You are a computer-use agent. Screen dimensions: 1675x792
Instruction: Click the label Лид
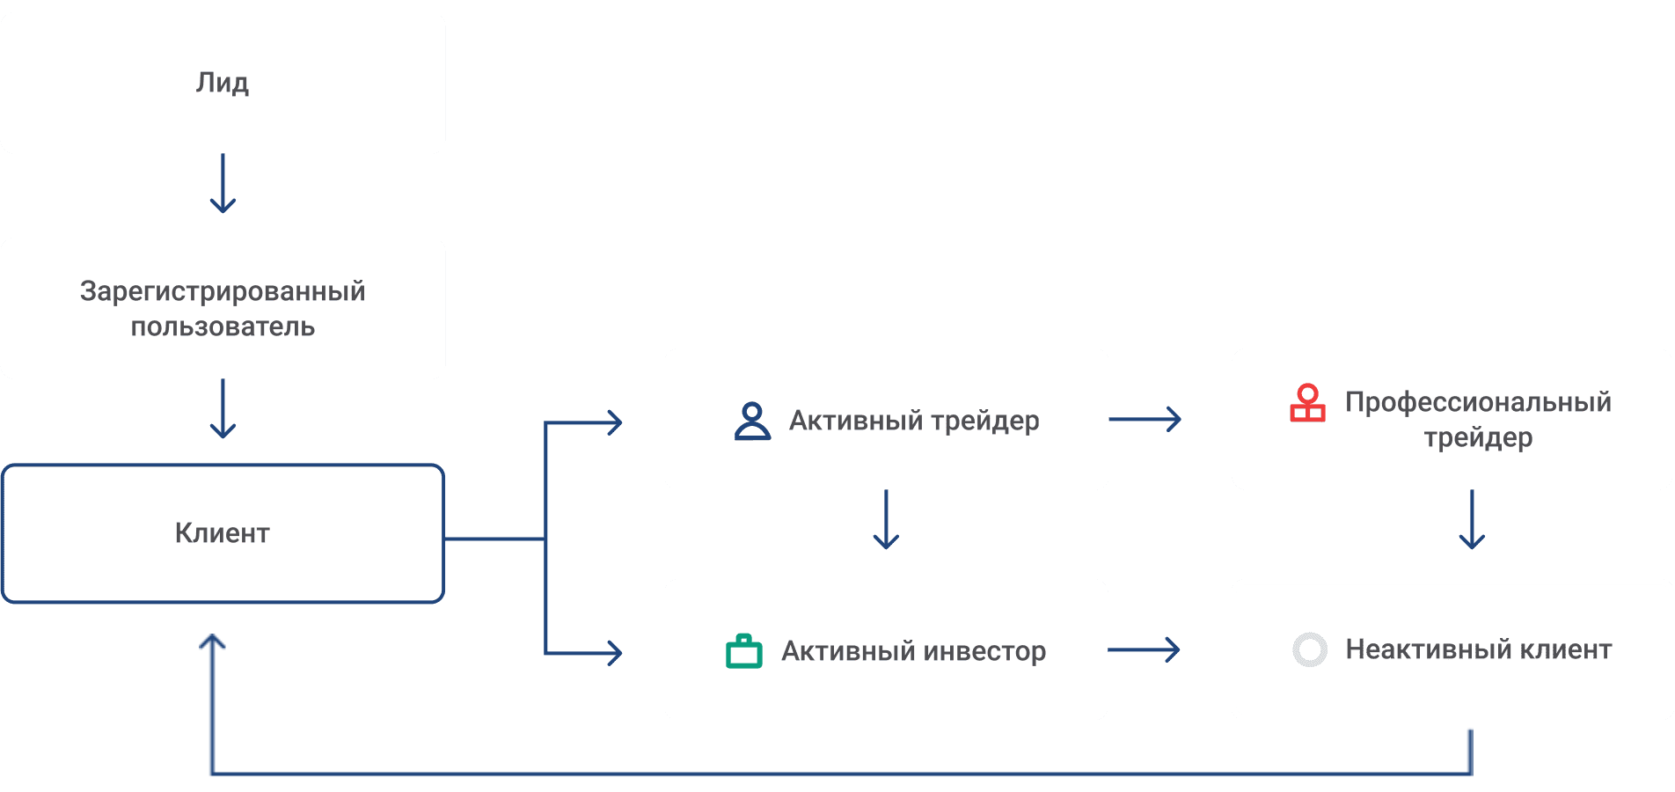[223, 83]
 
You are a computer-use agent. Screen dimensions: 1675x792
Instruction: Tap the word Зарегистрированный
[223, 290]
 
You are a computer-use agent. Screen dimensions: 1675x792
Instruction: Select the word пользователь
[223, 326]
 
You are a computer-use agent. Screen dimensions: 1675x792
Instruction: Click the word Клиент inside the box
[223, 532]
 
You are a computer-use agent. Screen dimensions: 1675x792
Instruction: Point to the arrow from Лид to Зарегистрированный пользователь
[223, 183]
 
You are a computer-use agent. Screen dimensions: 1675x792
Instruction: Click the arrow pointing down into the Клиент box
[223, 408]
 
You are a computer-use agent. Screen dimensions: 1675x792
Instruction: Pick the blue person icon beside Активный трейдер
[752, 421]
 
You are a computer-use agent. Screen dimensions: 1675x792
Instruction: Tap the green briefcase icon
[744, 651]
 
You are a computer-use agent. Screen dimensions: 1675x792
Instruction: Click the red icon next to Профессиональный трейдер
[1307, 403]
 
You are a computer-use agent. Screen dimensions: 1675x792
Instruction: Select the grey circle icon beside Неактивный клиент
[1310, 649]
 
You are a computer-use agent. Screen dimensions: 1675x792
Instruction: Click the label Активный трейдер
[914, 421]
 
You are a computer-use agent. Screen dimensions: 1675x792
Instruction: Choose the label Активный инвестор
[914, 651]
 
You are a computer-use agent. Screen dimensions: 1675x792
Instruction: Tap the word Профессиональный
[1478, 402]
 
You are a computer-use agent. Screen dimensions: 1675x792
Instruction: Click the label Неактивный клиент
[1479, 649]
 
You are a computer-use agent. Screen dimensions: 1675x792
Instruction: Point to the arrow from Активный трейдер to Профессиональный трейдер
[1145, 419]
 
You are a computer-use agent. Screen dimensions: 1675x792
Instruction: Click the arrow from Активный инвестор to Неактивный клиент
[1144, 650]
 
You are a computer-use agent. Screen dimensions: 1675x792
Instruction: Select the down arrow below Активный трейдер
[886, 519]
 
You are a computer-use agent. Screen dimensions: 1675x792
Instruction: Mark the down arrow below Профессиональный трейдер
[1472, 519]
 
